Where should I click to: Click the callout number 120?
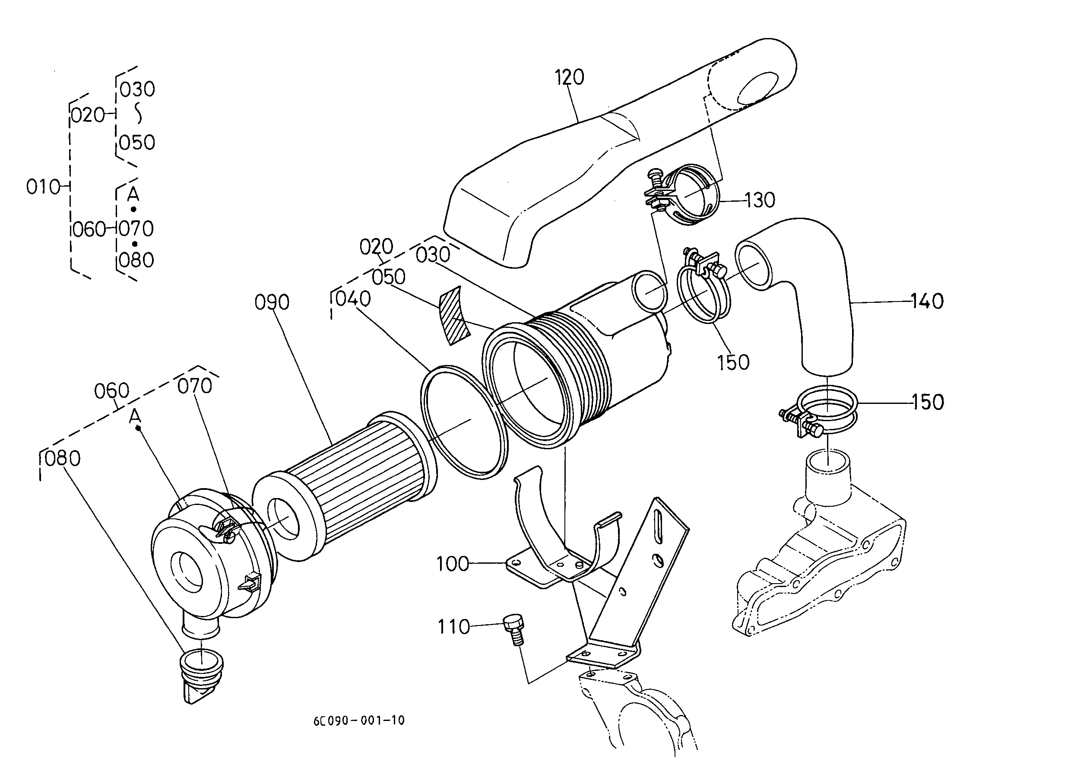pos(570,77)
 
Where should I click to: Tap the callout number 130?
pos(760,201)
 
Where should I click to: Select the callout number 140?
pos(927,301)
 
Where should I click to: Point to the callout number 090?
pos(272,302)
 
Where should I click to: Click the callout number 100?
pos(453,564)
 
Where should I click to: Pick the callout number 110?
pos(453,627)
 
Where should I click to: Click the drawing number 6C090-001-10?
pos(359,720)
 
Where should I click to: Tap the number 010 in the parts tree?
pos(43,187)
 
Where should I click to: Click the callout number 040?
pos(353,299)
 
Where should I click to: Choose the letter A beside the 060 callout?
pos(135,416)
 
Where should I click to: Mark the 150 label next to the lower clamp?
pos(928,403)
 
